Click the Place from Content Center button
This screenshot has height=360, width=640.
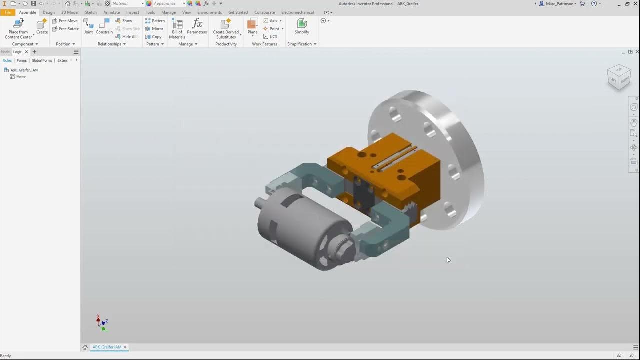click(x=18, y=28)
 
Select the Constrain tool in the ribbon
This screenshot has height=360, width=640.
click(x=104, y=27)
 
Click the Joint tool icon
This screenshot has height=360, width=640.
click(x=88, y=27)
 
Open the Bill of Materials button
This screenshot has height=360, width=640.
click(x=177, y=28)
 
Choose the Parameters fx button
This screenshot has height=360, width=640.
click(x=197, y=27)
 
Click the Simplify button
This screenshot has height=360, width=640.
click(x=302, y=27)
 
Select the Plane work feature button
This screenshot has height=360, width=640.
click(x=253, y=27)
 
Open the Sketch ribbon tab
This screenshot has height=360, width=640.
click(x=91, y=12)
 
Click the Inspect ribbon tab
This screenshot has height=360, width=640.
click(x=133, y=12)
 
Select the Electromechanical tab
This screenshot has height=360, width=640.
click(x=297, y=12)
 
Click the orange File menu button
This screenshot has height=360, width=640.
click(x=8, y=12)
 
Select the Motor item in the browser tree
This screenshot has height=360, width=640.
click(x=21, y=77)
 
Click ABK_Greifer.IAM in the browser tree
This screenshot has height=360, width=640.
click(x=24, y=70)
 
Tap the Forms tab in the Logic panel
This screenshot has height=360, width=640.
click(x=22, y=60)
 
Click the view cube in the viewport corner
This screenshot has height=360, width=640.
click(x=619, y=77)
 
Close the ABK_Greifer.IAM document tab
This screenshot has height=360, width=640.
click(x=125, y=347)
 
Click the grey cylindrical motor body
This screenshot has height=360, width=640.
click(x=290, y=225)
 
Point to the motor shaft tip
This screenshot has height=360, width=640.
click(x=257, y=203)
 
